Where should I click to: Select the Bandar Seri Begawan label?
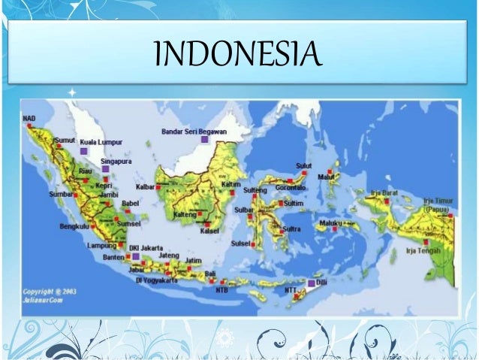[x=194, y=131]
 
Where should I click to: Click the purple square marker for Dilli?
[x=312, y=283]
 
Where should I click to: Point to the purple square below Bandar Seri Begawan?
[x=204, y=139]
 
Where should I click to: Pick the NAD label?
[x=29, y=119]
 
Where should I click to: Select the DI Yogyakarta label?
[x=160, y=280]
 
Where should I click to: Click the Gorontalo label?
[x=291, y=186]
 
